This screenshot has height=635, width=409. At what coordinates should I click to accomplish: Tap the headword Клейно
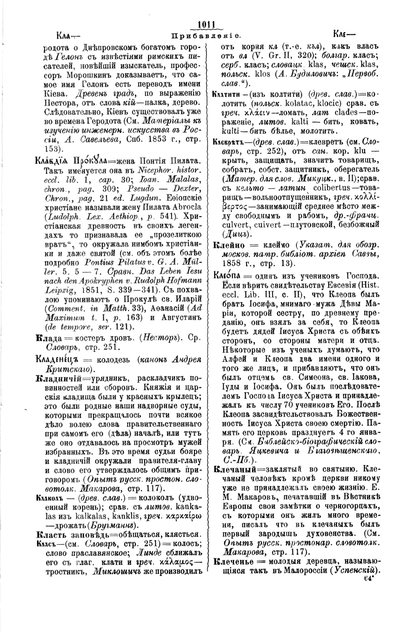point(228,245)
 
